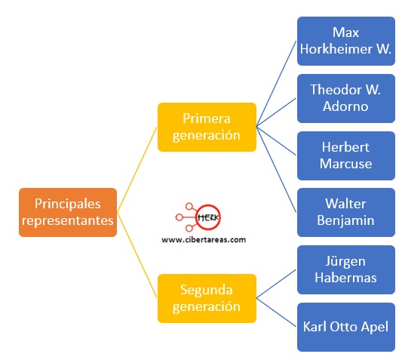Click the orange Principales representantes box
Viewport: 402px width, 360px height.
[x=68, y=213]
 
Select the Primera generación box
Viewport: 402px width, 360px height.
[x=207, y=127]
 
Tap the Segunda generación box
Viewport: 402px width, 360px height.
[x=207, y=298]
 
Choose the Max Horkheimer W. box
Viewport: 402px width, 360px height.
[x=346, y=41]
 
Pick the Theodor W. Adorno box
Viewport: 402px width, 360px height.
[x=346, y=99]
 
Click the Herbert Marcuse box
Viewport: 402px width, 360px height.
[x=346, y=155]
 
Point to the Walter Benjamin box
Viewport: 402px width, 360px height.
[x=346, y=213]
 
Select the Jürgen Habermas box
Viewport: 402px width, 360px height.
[x=346, y=269]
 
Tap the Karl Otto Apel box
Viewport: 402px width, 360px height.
[x=346, y=327]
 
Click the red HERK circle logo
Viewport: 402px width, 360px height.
[x=208, y=217]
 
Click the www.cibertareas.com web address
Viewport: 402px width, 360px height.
[x=204, y=240]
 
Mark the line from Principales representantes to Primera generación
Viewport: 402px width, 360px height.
[x=137, y=170]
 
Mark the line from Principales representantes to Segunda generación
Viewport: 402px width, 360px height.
[x=137, y=255]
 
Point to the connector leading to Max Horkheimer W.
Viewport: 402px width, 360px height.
[x=276, y=84]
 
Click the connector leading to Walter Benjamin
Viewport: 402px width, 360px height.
[x=276, y=170]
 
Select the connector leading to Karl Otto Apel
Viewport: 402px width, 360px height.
[x=276, y=312]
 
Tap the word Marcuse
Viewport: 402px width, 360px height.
[x=346, y=164]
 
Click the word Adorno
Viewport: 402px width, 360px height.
[x=345, y=106]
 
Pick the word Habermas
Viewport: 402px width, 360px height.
[x=346, y=278]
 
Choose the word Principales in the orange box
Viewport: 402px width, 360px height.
[x=68, y=205]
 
